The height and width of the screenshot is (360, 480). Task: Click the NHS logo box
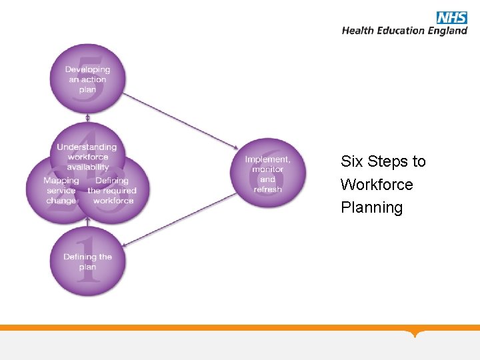[x=451, y=18]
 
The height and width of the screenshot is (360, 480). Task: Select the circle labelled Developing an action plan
[x=87, y=79]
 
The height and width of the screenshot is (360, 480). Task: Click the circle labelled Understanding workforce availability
[x=87, y=148]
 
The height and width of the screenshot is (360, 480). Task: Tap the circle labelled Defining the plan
[x=88, y=262]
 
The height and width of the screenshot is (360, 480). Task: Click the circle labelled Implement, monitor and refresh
[x=267, y=173]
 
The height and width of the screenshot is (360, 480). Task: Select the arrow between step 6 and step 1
[x=180, y=220]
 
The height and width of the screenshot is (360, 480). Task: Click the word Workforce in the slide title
[x=377, y=185]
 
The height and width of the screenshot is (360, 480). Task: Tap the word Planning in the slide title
[x=371, y=208]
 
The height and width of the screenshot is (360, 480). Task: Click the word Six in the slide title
[x=351, y=161]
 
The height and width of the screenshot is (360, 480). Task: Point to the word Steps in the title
[x=387, y=161]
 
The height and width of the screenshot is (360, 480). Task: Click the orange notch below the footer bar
[x=416, y=333]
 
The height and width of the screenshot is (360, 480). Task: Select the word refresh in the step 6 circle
[x=267, y=189]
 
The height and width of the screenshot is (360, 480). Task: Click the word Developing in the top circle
[x=87, y=69]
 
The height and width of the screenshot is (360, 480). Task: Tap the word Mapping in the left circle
[x=61, y=181]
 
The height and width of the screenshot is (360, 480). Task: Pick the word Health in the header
[x=357, y=31]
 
